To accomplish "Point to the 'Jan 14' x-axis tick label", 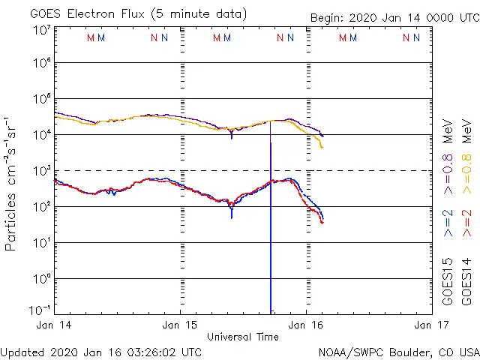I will pyautogui.click(x=55, y=325).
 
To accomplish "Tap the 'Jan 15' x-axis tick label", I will pyautogui.click(x=180, y=325).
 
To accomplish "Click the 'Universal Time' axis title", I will pyautogui.click(x=243, y=337).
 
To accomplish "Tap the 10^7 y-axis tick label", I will pyautogui.click(x=41, y=30).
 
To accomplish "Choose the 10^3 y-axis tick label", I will pyautogui.click(x=41, y=171).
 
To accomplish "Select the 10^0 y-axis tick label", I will pyautogui.click(x=41, y=278).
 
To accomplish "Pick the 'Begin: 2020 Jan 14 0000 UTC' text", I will pyautogui.click(x=393, y=18).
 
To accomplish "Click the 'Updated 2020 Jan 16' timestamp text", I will pyautogui.click(x=100, y=352).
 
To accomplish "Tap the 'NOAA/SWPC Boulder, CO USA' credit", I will pyautogui.click(x=398, y=352).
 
